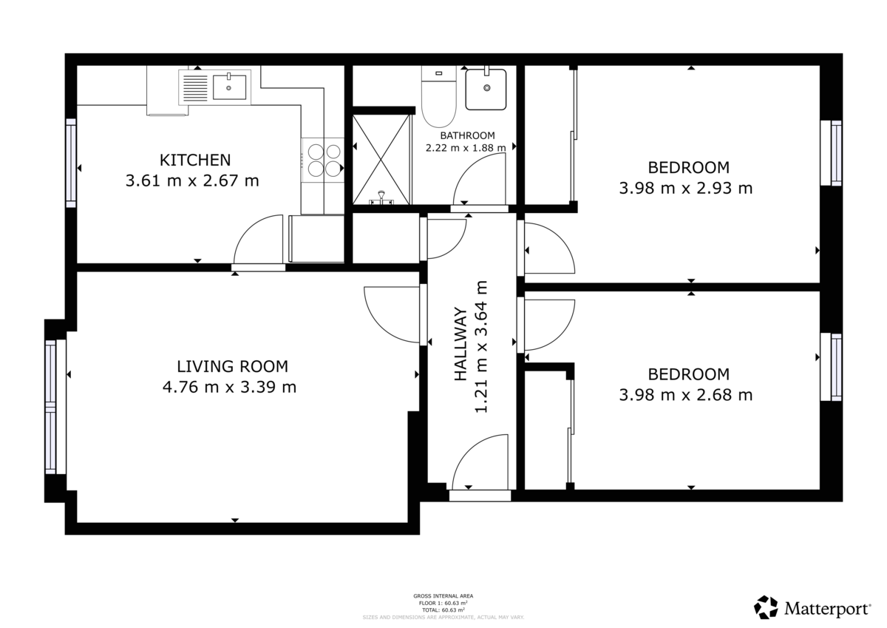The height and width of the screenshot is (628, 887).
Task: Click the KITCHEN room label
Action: tap(195, 160)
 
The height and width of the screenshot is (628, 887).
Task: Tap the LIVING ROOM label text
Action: tap(232, 366)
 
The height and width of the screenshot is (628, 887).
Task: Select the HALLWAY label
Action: tap(461, 344)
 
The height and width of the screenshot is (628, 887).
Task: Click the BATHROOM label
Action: tap(466, 135)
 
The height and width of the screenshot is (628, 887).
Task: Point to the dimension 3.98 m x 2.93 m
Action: tap(685, 189)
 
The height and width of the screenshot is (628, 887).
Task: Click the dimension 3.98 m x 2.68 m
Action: tap(685, 395)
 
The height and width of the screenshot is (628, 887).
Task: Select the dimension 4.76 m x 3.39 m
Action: tap(229, 387)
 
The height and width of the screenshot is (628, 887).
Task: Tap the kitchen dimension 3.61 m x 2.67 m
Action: tap(192, 180)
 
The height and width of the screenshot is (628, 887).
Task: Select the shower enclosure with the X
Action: tap(381, 159)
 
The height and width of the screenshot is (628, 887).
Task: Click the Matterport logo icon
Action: tap(766, 607)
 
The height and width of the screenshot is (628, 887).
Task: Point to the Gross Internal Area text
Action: tap(443, 595)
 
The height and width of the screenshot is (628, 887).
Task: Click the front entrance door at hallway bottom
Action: tap(479, 466)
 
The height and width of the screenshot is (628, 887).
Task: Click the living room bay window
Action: tap(51, 407)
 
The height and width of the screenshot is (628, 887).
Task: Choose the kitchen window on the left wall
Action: tap(71, 163)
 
